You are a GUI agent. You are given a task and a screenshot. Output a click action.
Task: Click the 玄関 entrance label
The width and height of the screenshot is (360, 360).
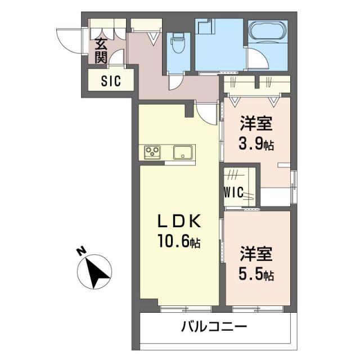[x=101, y=49]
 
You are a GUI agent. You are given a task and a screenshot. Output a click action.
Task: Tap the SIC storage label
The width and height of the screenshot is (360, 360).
[x=111, y=80]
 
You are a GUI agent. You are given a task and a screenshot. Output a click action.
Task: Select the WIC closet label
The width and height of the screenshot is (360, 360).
[x=233, y=192]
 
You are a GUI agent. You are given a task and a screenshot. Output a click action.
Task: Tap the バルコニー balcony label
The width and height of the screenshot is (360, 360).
[x=214, y=326]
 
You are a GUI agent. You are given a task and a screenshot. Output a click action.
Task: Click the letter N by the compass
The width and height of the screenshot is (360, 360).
[x=82, y=252]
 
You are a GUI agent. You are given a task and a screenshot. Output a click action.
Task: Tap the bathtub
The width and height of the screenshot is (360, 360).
[x=268, y=33]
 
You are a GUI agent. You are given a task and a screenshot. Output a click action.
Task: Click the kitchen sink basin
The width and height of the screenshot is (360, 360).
[x=183, y=152]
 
